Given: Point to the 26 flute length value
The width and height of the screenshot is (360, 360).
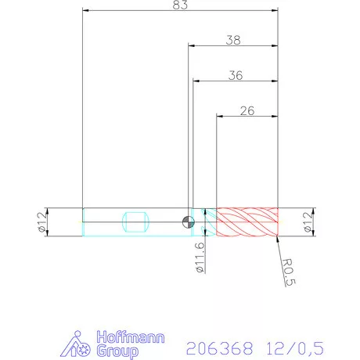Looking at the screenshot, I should pyautogui.click(x=247, y=111).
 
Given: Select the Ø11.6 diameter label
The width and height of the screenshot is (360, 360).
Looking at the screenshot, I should pyautogui.click(x=200, y=257).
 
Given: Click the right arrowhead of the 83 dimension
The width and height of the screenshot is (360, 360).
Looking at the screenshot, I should pyautogui.click(x=275, y=11).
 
